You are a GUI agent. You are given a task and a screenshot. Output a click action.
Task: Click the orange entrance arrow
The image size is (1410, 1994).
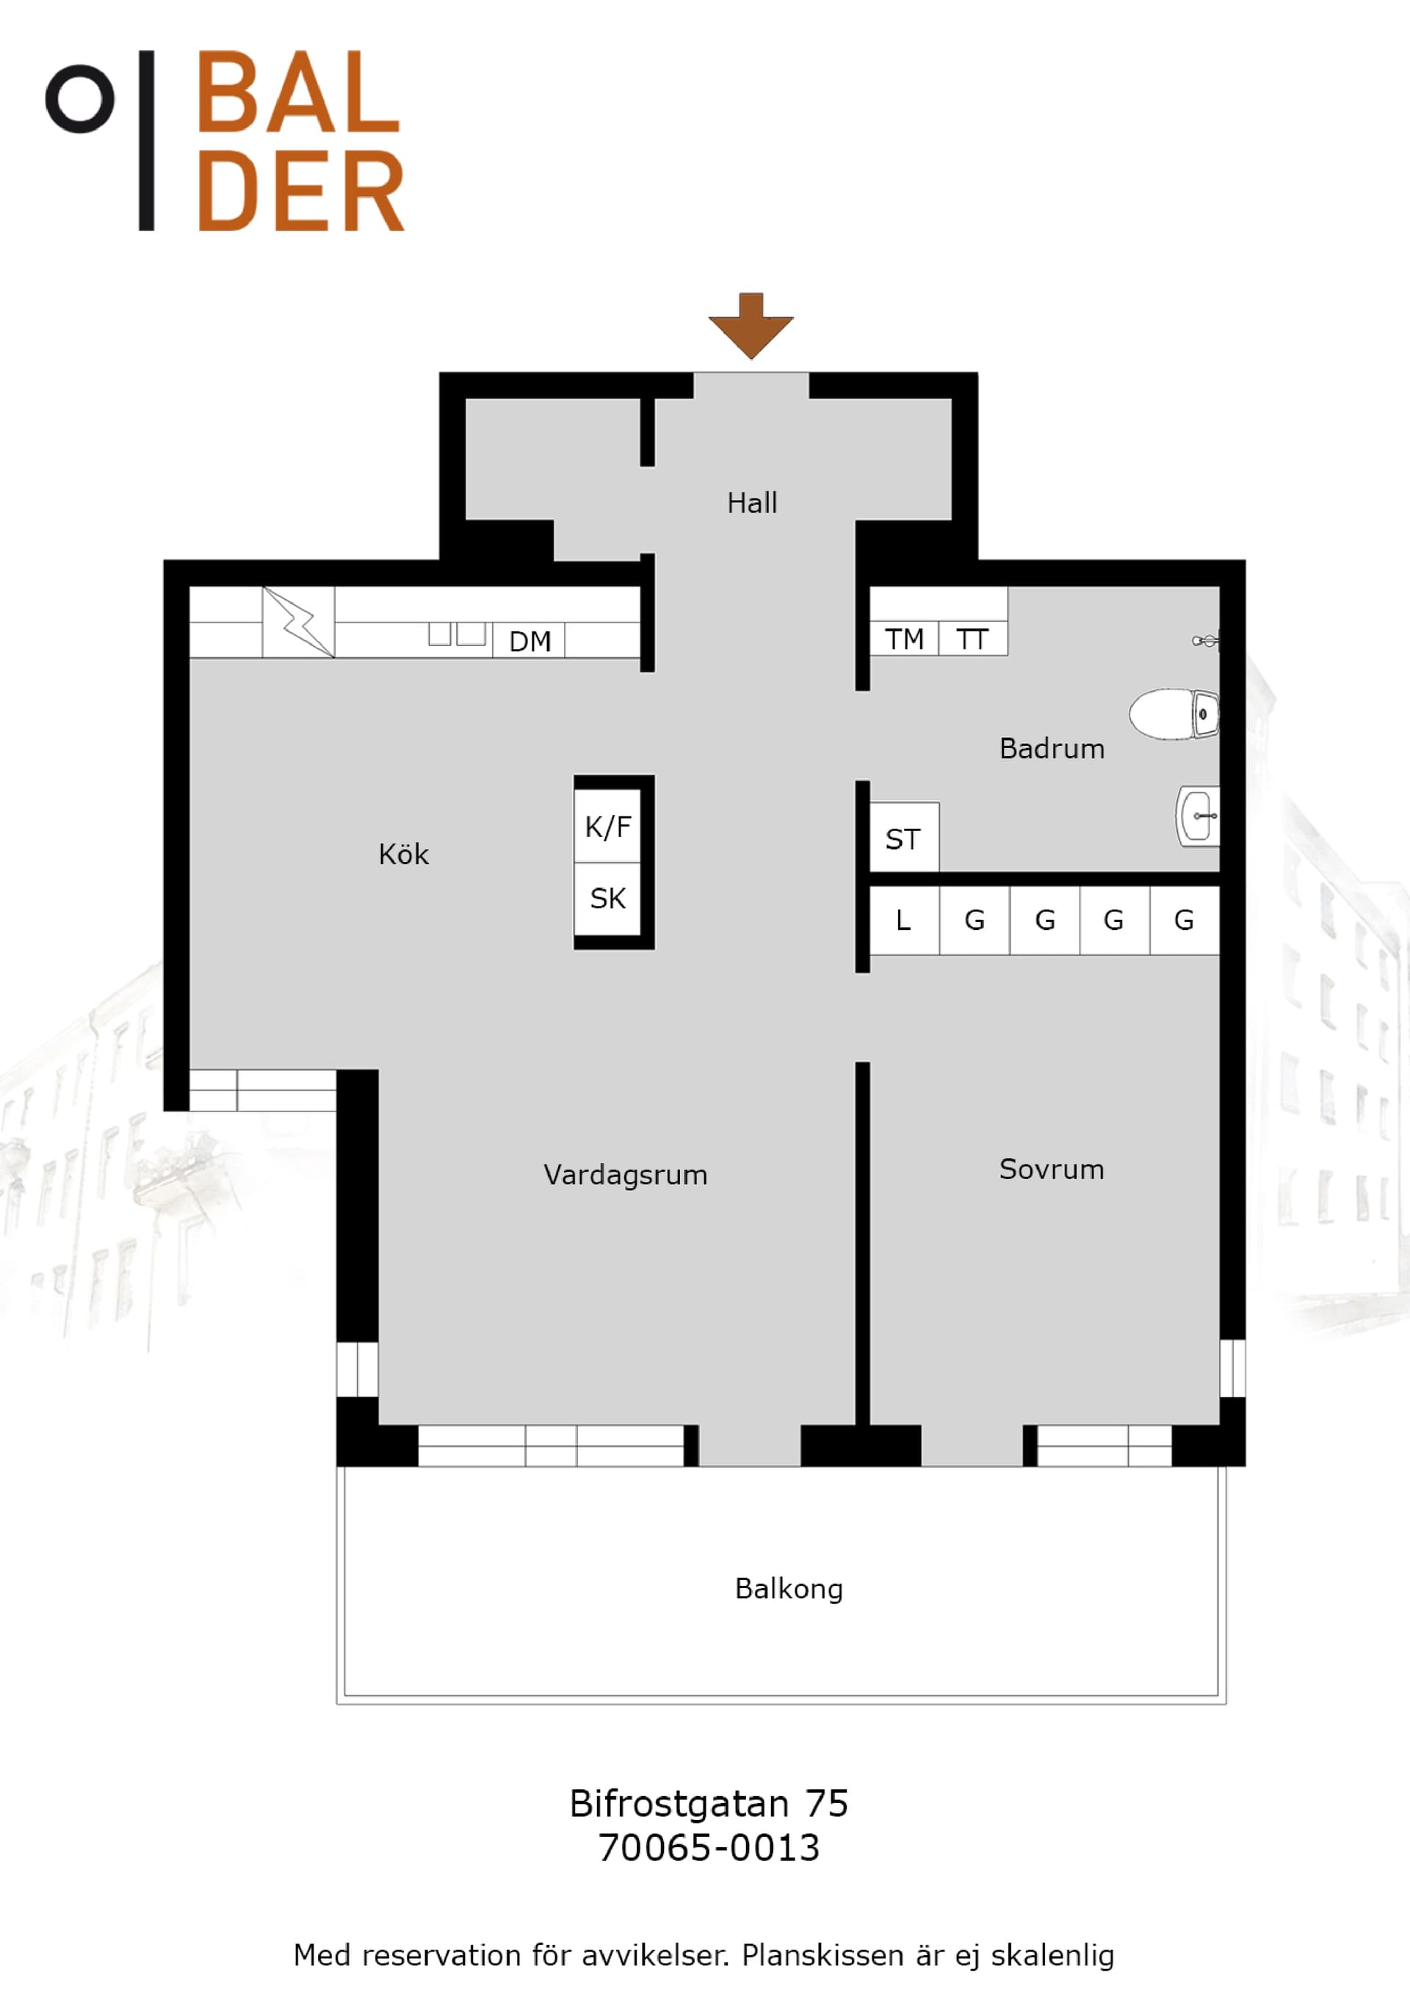pyautogui.click(x=751, y=326)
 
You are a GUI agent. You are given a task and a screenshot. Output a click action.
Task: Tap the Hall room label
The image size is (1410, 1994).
pyautogui.click(x=751, y=503)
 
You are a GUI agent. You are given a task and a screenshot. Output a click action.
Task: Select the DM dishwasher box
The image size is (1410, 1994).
pyautogui.click(x=529, y=641)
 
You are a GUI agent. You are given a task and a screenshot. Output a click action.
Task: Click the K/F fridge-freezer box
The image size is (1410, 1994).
pyautogui.click(x=607, y=826)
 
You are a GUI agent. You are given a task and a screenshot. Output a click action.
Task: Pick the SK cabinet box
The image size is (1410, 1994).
pyautogui.click(x=607, y=898)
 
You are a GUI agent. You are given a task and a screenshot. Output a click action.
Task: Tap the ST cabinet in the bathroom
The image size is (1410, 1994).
pyautogui.click(x=903, y=837)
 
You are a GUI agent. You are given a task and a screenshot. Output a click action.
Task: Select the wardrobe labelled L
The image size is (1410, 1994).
pyautogui.click(x=904, y=920)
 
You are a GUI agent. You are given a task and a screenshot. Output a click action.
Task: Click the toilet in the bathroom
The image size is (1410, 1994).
pyautogui.click(x=1174, y=714)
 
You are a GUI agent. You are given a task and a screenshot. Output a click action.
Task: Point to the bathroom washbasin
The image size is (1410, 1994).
pyautogui.click(x=1198, y=816)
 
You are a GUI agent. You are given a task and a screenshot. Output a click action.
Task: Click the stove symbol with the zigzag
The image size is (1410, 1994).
pyautogui.click(x=298, y=622)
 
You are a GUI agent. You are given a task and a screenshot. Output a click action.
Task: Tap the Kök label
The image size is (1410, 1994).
pyautogui.click(x=403, y=855)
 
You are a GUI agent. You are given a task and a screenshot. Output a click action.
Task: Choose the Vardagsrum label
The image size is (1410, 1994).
pyautogui.click(x=626, y=1175)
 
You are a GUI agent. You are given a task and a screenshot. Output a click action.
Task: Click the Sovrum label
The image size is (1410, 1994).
pyautogui.click(x=1051, y=1169)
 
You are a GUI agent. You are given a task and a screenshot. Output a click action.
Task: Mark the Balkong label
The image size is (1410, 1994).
pyautogui.click(x=789, y=1589)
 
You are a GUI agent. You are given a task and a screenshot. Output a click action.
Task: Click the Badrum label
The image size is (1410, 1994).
pyautogui.click(x=1052, y=749)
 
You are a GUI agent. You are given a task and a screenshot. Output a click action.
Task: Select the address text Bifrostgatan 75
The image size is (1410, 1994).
pyautogui.click(x=709, y=1804)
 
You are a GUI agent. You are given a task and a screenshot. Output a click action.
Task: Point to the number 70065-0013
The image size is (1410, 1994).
pyautogui.click(x=709, y=1848)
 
